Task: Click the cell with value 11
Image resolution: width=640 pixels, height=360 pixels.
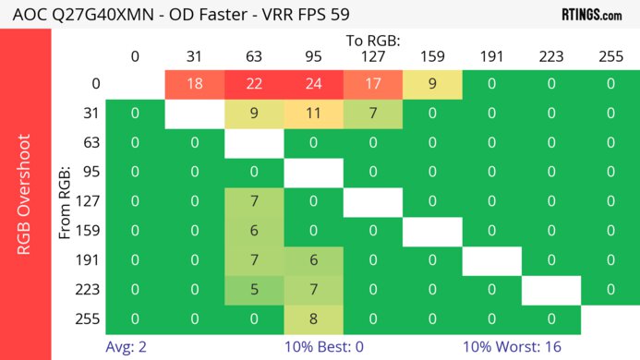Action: (x=313, y=114)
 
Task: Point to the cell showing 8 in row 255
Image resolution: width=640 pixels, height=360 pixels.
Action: (x=313, y=319)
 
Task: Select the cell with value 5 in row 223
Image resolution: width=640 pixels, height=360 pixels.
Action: (x=254, y=290)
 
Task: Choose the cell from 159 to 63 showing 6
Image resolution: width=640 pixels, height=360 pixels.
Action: (x=254, y=232)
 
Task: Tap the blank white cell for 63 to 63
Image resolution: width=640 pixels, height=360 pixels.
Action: (x=254, y=144)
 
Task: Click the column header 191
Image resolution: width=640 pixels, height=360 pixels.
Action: (x=491, y=56)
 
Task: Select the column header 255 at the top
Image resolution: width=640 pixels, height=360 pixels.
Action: (x=610, y=56)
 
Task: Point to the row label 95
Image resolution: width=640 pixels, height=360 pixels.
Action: (x=90, y=173)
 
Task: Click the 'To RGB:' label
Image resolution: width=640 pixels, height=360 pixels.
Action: (x=372, y=41)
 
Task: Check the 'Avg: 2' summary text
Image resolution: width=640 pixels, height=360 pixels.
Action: (x=135, y=348)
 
